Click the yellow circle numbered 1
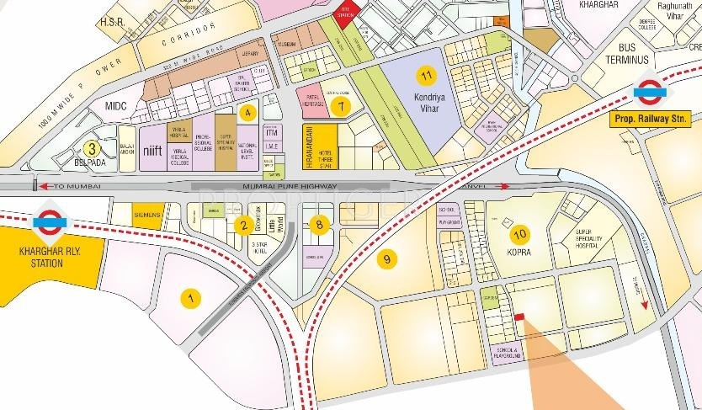[192, 297]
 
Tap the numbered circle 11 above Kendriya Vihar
[430, 77]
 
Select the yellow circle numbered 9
[386, 260]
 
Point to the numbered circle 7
[340, 106]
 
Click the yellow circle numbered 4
[247, 111]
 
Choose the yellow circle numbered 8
[318, 224]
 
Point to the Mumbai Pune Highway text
[290, 185]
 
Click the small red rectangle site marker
[519, 316]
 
